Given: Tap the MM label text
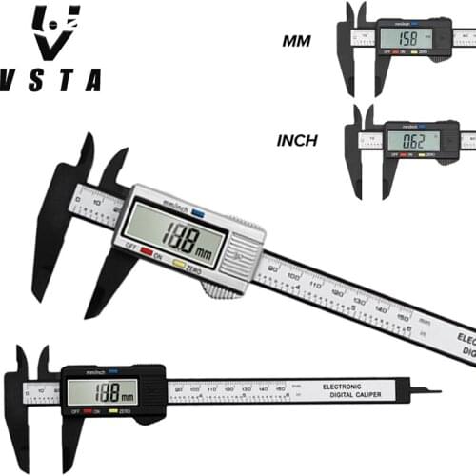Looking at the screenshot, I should point(299,41).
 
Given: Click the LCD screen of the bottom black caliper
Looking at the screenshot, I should point(101,390).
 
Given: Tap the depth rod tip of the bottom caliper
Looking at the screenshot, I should point(434,389).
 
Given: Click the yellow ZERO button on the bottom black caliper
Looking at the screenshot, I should point(112,410).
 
